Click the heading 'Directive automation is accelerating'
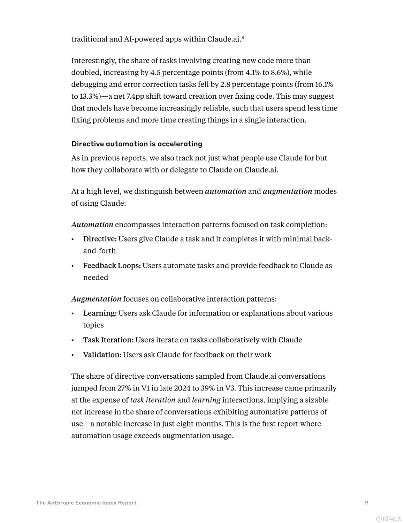(137, 144)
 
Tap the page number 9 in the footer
(366, 502)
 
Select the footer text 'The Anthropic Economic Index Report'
(86, 503)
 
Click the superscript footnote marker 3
(243, 37)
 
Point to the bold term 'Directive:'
(100, 239)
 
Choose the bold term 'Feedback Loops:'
(112, 266)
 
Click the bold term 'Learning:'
(100, 313)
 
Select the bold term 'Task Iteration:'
(108, 340)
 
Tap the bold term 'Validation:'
(102, 355)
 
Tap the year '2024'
(182, 388)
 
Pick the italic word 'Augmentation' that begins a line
(96, 299)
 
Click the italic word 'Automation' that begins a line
(92, 225)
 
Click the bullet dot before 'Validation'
(73, 355)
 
